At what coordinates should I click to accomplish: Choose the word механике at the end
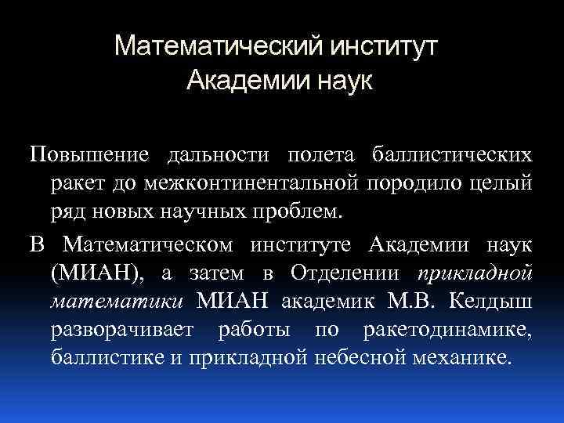point(463,360)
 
